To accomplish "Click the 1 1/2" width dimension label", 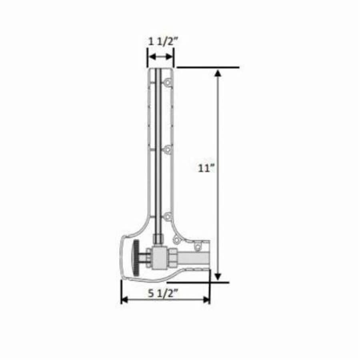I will [161, 41].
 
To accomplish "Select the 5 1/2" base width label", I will [163, 293].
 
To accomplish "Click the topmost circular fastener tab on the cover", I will [168, 82].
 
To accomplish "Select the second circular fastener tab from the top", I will [168, 150].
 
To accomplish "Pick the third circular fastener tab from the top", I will [168, 216].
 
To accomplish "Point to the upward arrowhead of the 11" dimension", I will [218, 73].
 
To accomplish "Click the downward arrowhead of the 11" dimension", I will [218, 276].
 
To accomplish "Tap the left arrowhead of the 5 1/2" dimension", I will [124, 300].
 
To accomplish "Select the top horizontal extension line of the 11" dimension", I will [208, 67].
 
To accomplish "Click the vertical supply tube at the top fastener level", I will [158, 82].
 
